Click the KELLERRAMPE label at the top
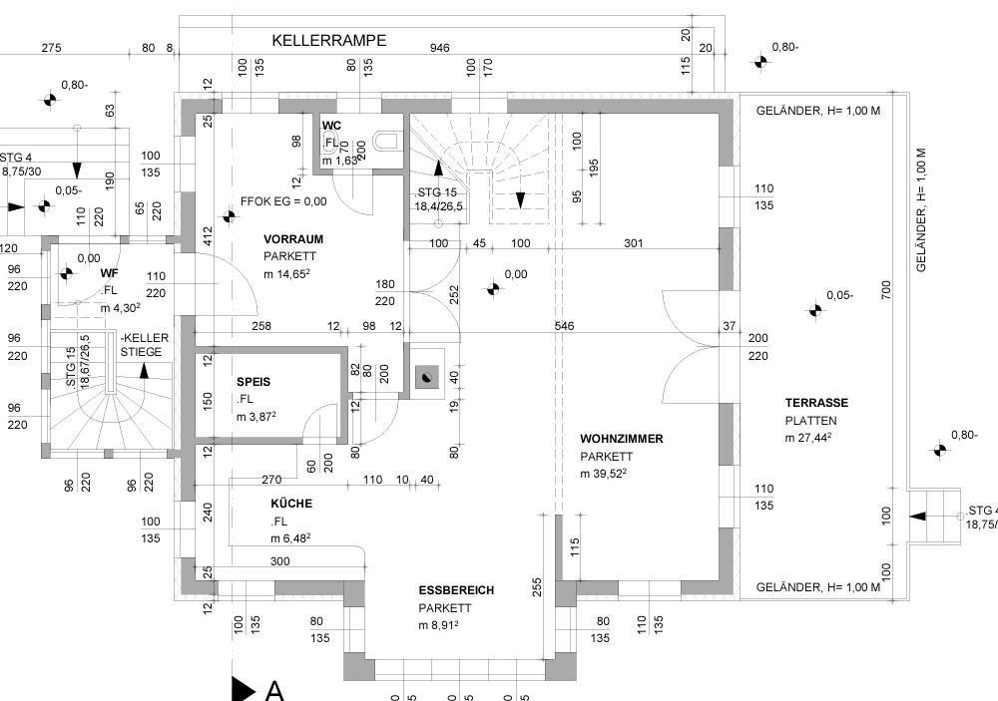[328, 41]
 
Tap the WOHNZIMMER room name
[621, 439]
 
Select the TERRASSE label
[815, 403]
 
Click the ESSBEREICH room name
[456, 590]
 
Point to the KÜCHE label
[291, 504]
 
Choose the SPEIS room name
[253, 382]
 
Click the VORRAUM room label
[293, 239]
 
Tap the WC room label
[331, 126]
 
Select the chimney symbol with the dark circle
[426, 376]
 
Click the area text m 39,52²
[603, 474]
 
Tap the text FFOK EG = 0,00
[283, 201]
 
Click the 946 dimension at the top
[439, 48]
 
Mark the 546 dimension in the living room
[564, 326]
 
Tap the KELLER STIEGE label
[145, 345]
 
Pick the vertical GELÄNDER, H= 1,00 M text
[921, 209]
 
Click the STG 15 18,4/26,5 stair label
[436, 199]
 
